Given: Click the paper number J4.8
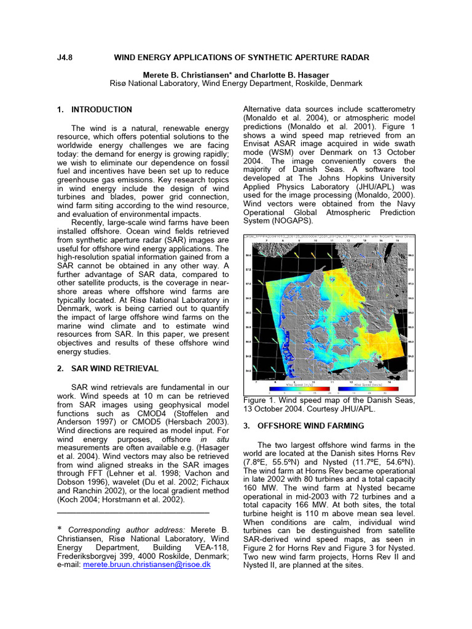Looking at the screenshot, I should (65, 58).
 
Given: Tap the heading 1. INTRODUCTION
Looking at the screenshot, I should (94, 110).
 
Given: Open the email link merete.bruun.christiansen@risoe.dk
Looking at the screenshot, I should (147, 565).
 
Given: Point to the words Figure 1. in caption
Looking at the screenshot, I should (260, 400).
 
